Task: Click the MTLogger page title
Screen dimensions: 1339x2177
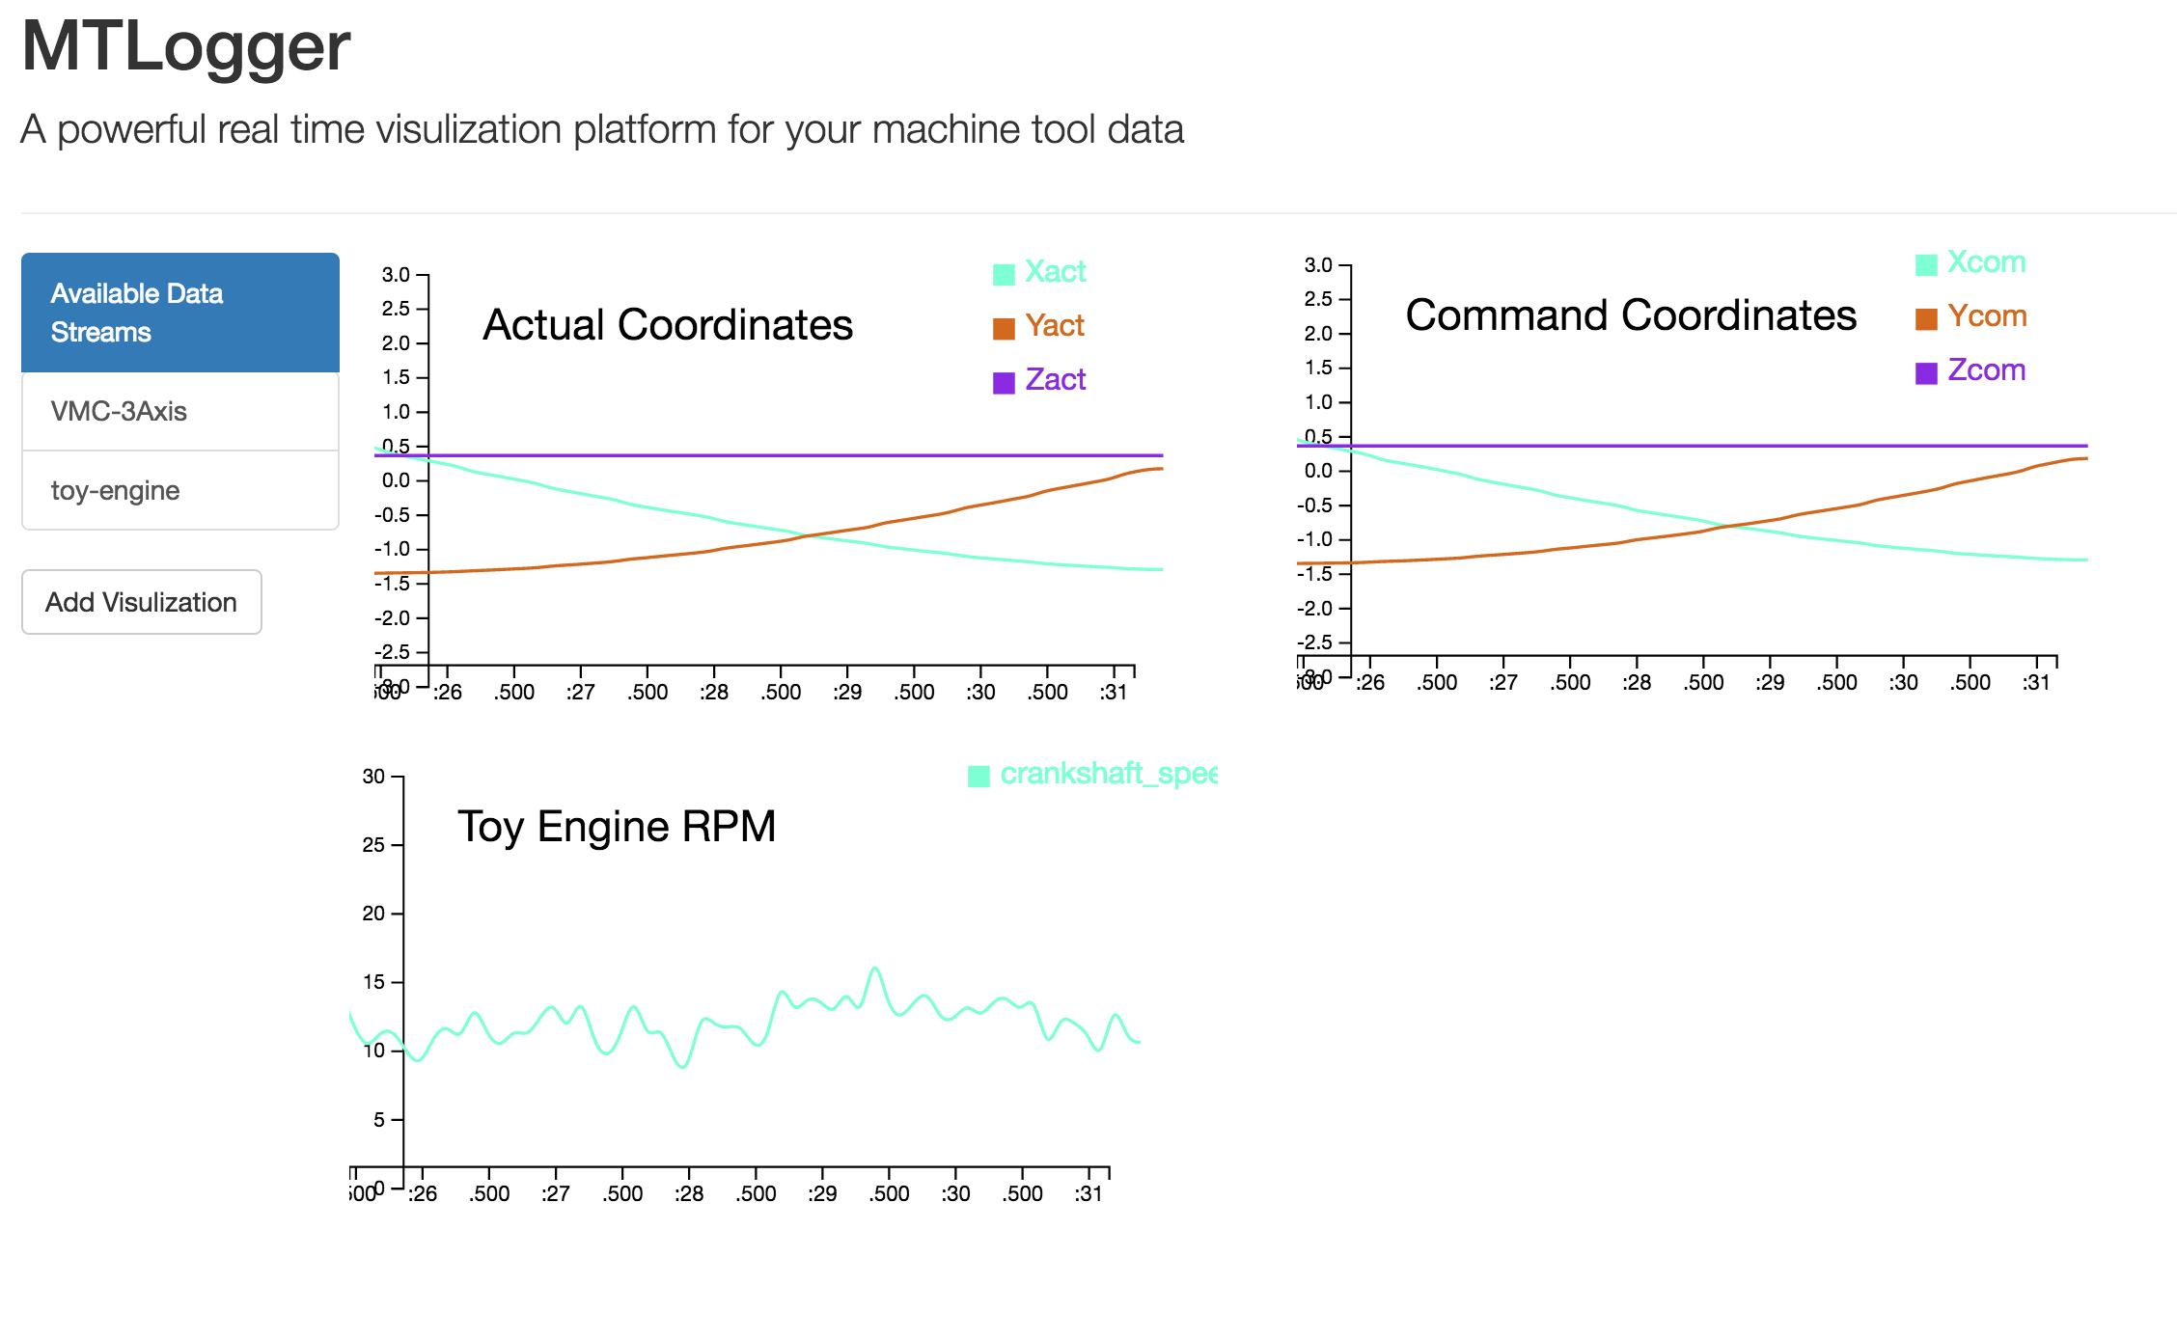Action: pyautogui.click(x=185, y=46)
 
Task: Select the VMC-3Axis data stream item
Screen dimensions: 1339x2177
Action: pyautogui.click(x=179, y=412)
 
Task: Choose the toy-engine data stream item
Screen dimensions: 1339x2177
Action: pyautogui.click(x=179, y=491)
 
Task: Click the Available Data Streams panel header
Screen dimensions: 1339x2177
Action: pyautogui.click(x=179, y=313)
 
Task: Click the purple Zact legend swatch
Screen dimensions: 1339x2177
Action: pyautogui.click(x=1004, y=382)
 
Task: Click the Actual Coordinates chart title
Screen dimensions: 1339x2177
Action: pyautogui.click(x=668, y=325)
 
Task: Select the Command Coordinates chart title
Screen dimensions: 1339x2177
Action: pyautogui.click(x=1631, y=315)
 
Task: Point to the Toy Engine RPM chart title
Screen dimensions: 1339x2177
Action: pyautogui.click(x=617, y=827)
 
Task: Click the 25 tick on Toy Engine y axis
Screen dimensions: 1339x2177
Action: pyautogui.click(x=373, y=845)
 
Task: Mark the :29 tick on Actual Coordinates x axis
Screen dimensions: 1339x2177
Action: pyautogui.click(x=847, y=692)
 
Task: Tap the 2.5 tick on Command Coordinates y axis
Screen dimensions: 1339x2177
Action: pyautogui.click(x=1318, y=299)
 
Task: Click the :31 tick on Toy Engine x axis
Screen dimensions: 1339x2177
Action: pyautogui.click(x=1088, y=1193)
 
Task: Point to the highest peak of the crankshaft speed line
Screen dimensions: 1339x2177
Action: pyautogui.click(x=875, y=968)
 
